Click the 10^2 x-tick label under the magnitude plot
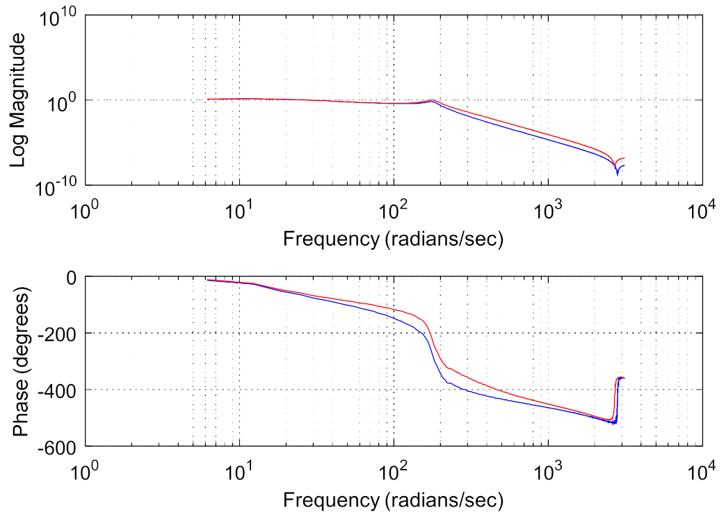click(x=394, y=209)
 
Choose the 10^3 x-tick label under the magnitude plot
click(x=549, y=209)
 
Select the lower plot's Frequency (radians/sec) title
click(x=393, y=499)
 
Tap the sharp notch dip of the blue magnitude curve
click(x=617, y=173)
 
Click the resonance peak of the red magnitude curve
click(x=432, y=101)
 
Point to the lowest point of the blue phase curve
click(x=613, y=423)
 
